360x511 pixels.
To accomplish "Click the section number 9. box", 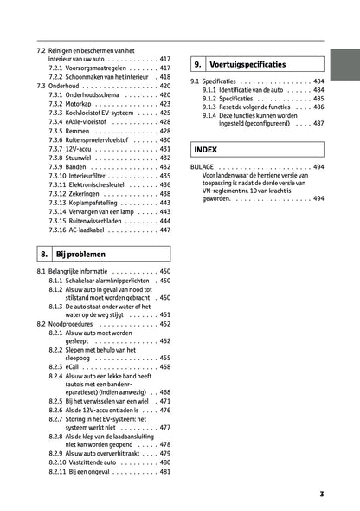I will (197, 65).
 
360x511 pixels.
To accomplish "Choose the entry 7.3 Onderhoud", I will (61, 87).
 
